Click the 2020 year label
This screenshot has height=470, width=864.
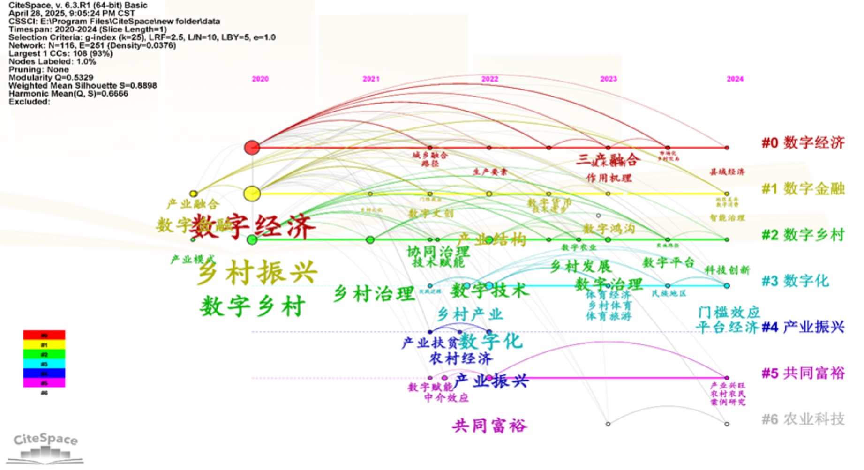pyautogui.click(x=260, y=79)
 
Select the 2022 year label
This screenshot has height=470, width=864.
pyautogui.click(x=489, y=79)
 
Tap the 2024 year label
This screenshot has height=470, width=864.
pyautogui.click(x=735, y=79)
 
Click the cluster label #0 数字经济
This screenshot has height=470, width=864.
pyautogui.click(x=803, y=142)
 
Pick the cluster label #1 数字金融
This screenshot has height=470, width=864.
pyautogui.click(x=803, y=189)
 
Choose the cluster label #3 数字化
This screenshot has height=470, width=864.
pyautogui.click(x=795, y=281)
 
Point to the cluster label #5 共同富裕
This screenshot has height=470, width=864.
pyautogui.click(x=803, y=373)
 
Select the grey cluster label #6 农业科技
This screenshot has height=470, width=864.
pyautogui.click(x=803, y=419)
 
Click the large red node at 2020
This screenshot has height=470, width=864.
pyautogui.click(x=252, y=148)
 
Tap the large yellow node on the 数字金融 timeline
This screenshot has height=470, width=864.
pyautogui.click(x=252, y=194)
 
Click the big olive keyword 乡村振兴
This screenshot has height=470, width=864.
pyautogui.click(x=257, y=272)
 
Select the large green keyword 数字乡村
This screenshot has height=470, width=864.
pyautogui.click(x=253, y=306)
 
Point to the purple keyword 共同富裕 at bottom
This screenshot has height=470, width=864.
pyautogui.click(x=489, y=425)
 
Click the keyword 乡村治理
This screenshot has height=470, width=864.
pyautogui.click(x=374, y=294)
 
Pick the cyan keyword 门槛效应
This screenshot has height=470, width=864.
pyautogui.click(x=729, y=312)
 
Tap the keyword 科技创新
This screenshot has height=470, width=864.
pyautogui.click(x=727, y=270)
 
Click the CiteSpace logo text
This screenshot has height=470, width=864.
pyautogui.click(x=45, y=440)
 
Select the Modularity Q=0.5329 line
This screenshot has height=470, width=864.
pyautogui.click(x=51, y=77)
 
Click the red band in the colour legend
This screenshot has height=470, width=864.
pyautogui.click(x=44, y=335)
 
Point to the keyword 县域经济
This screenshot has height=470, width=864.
pyautogui.click(x=727, y=172)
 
